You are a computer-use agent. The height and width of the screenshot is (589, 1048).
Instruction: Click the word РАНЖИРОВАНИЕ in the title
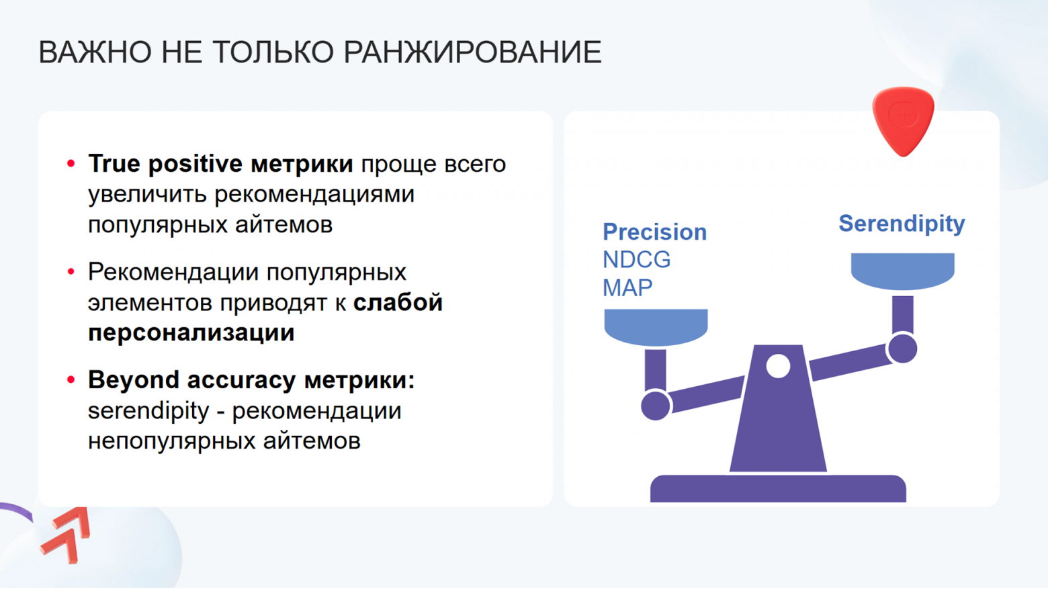472,52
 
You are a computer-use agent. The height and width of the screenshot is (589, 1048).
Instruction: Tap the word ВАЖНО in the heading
95,52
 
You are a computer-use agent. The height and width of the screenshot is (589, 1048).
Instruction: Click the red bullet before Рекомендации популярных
71,272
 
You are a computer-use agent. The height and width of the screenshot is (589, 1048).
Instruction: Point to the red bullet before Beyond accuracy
71,380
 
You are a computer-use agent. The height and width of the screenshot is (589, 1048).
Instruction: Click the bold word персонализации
191,333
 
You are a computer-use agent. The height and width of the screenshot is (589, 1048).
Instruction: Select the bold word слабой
398,303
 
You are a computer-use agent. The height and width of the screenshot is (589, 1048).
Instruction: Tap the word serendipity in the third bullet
148,410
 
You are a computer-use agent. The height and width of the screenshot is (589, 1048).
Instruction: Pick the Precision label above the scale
654,232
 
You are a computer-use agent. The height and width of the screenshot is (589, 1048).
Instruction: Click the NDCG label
636,260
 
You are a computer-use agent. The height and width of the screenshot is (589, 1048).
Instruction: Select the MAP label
627,288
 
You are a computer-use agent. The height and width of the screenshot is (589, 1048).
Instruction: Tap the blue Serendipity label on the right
902,224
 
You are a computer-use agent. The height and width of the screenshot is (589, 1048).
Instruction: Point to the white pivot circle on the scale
778,366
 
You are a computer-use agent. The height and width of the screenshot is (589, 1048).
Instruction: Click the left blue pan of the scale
656,326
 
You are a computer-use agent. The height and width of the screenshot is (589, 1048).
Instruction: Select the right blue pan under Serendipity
902,270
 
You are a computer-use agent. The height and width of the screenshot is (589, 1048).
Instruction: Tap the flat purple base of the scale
778,488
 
